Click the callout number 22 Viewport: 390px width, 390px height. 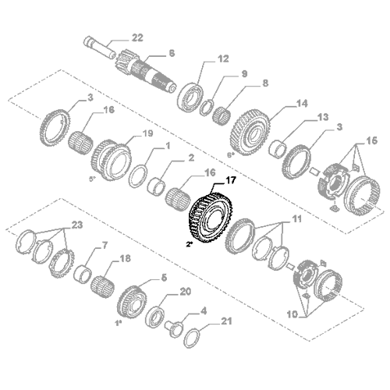(x=137, y=37)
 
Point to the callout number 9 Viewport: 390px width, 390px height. (x=222, y=74)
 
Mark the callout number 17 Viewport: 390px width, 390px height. (x=230, y=181)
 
